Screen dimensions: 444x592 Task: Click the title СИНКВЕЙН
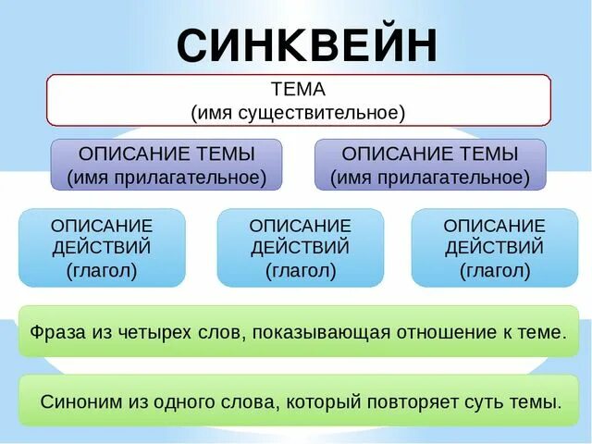pos(306,43)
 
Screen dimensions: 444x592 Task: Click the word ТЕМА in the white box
pos(298,90)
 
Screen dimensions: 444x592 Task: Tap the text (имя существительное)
pos(298,112)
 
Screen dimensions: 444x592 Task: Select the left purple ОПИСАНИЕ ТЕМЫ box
pos(166,164)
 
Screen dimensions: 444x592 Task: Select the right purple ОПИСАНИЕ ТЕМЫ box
pos(430,164)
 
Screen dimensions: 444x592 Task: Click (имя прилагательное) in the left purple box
pos(166,176)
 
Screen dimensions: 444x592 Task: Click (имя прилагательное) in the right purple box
pos(430,176)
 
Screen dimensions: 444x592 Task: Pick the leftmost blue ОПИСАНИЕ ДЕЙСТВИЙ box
pos(102,247)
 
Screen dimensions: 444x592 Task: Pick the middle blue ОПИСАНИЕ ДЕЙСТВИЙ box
pos(301,247)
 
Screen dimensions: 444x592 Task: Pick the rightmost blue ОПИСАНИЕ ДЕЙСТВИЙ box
pos(495,247)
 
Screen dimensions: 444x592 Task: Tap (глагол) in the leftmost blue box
pos(102,271)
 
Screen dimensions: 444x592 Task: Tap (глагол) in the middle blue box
pos(301,271)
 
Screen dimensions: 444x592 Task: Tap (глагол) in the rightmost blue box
pos(495,271)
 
